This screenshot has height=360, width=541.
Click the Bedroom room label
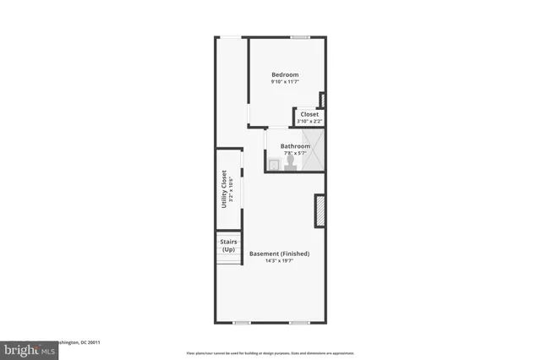[285, 74]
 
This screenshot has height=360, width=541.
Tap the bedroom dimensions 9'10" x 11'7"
[285, 82]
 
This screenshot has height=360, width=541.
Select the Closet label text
[309, 114]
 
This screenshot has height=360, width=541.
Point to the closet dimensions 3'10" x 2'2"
[309, 121]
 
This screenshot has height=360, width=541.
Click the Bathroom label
[296, 146]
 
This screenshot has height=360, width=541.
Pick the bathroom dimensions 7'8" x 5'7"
[296, 153]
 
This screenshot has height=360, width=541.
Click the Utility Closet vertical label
[224, 189]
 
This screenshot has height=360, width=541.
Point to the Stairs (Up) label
[228, 246]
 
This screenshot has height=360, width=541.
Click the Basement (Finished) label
[279, 254]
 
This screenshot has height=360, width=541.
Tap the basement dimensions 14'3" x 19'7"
[279, 261]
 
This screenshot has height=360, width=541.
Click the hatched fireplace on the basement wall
[320, 211]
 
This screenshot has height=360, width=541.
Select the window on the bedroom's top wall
[299, 36]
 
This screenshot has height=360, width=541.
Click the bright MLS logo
[25, 348]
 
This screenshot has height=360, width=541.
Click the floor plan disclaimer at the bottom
[270, 352]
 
